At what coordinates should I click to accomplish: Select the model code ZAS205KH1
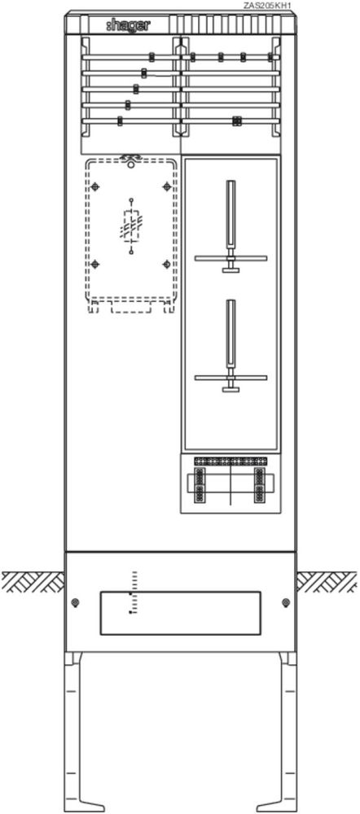(267, 6)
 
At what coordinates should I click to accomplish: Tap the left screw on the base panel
(75, 602)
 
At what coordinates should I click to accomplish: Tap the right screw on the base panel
(285, 602)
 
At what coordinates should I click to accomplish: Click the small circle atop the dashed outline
(131, 164)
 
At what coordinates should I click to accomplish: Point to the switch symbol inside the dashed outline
(131, 227)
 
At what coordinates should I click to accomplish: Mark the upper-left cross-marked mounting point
(94, 186)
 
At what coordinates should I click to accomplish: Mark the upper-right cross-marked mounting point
(166, 186)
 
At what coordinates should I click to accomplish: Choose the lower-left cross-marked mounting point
(94, 265)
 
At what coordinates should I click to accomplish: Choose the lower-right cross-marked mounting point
(166, 265)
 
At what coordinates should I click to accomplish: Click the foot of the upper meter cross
(230, 269)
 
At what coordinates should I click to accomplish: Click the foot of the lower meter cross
(230, 389)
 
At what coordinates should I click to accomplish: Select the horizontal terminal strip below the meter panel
(230, 461)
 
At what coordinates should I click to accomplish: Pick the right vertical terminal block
(260, 485)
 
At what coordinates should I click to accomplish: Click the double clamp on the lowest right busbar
(237, 121)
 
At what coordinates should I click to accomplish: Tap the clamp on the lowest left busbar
(120, 121)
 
